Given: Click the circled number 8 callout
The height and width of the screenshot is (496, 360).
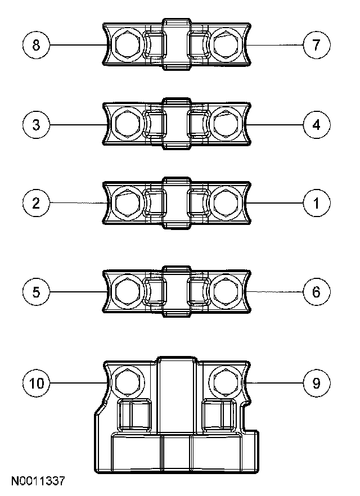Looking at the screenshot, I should coord(37,44).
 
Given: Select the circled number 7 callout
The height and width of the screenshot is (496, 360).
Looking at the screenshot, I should coord(316,44).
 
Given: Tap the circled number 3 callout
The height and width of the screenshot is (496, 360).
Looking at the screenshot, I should coord(37,124).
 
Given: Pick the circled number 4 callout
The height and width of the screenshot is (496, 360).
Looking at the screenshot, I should coord(316,124).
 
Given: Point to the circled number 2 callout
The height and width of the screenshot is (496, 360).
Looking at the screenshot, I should coord(37,202).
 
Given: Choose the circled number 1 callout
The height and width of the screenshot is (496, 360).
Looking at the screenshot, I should coord(316,202).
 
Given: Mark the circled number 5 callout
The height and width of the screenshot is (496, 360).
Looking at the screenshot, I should coord(37,291).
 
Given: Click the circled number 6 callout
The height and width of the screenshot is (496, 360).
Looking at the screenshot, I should coord(316,291).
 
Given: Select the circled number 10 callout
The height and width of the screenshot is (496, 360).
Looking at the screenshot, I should coord(37,383).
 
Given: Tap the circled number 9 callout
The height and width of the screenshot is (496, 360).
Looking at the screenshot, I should coord(316,383).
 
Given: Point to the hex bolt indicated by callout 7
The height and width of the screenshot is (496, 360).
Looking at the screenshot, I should coord(227,44).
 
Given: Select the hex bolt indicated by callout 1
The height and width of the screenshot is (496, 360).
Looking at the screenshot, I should coord(227,202).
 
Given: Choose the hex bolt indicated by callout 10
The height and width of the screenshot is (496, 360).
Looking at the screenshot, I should coord(128,383).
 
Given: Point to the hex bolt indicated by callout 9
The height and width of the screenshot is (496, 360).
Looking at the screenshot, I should coord(224,383).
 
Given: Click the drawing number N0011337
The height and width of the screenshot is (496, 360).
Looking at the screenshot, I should coord(38,482).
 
